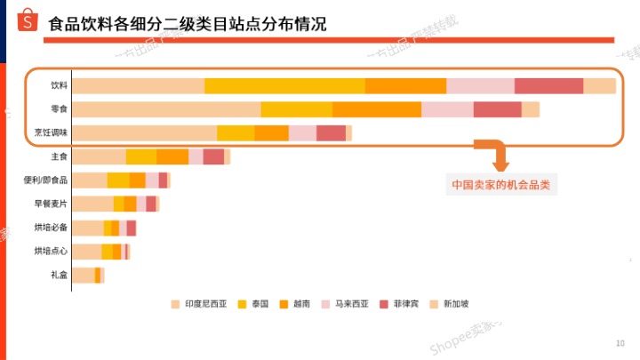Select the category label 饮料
tap(59, 86)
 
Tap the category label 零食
tap(59, 109)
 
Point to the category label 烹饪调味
tap(52, 133)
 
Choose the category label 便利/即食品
tap(46, 180)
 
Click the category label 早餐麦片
tap(51, 204)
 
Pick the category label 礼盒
tap(59, 276)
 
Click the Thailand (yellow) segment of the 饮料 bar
tap(284, 86)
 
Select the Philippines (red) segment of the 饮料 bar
tap(548, 86)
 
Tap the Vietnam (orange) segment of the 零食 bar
tap(377, 109)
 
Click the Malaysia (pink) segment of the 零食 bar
tap(447, 109)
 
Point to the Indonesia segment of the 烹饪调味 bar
tap(144, 133)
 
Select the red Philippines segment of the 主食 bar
tap(213, 157)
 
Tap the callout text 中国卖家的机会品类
tap(500, 186)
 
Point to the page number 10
tap(620, 343)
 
